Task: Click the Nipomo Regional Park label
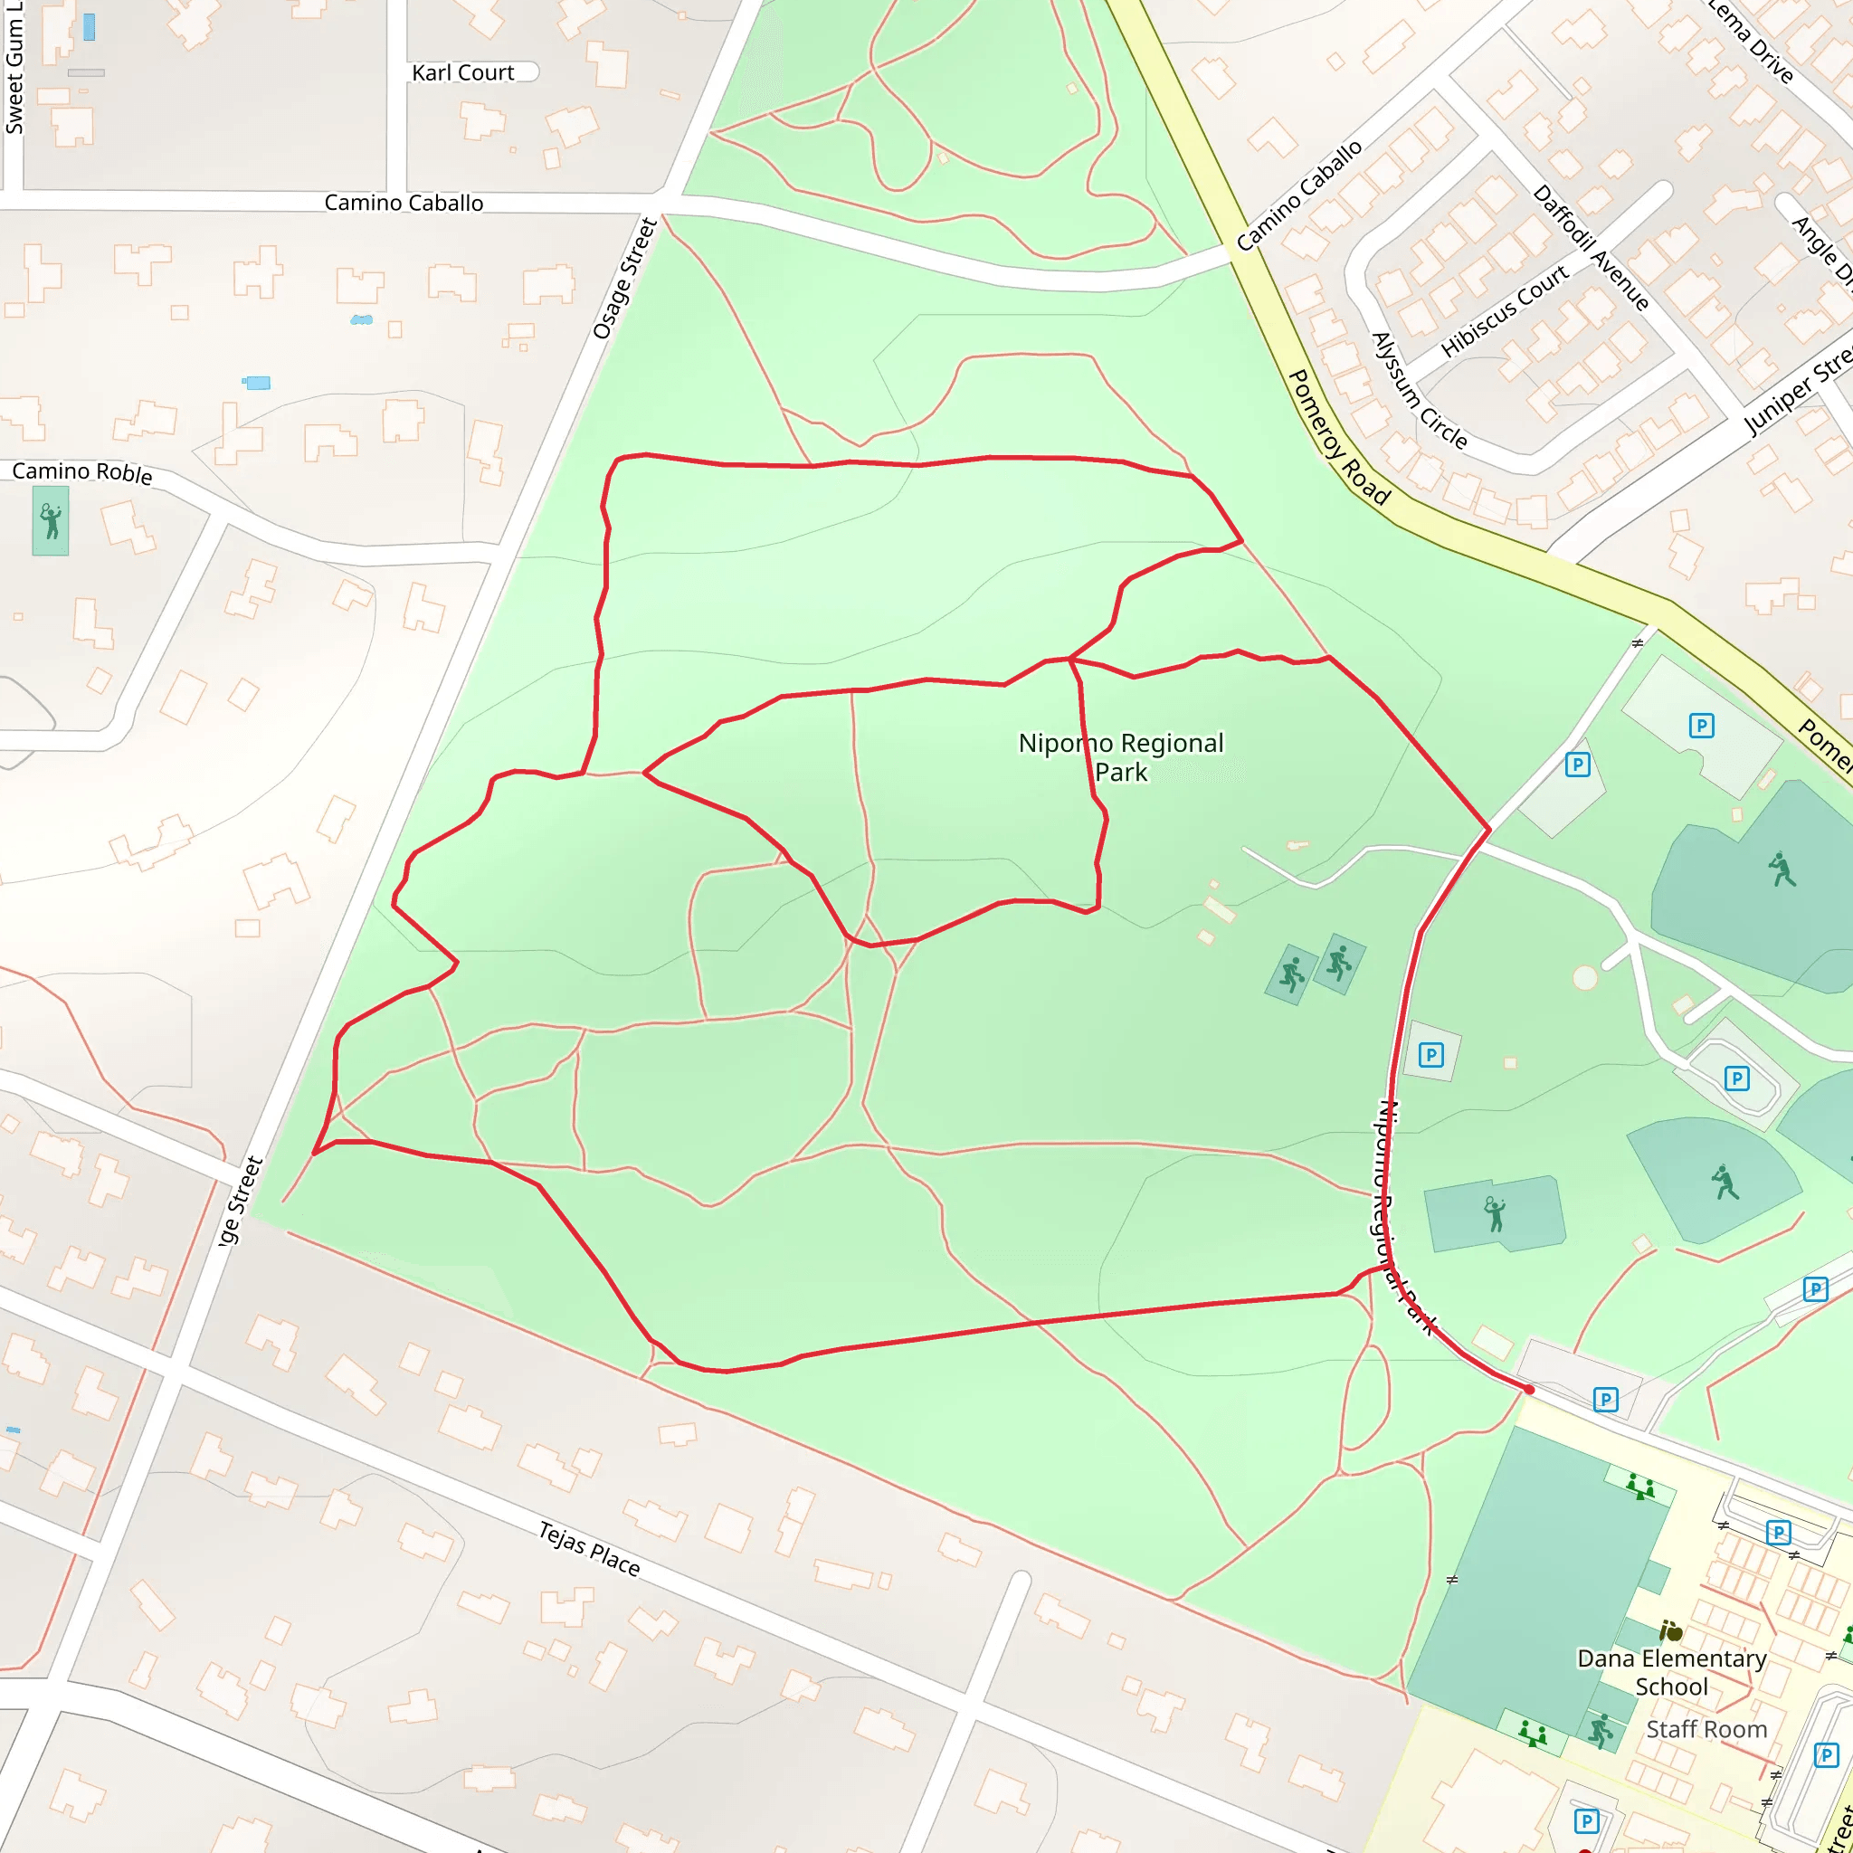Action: click(1120, 756)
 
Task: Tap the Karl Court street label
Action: click(462, 73)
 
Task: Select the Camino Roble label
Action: click(81, 472)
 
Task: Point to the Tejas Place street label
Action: click(588, 1548)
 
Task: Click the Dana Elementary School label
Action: click(1671, 1673)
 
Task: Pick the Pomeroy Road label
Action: click(1338, 437)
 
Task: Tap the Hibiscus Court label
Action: click(1503, 310)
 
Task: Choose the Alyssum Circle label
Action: click(1419, 390)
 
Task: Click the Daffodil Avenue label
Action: click(1591, 247)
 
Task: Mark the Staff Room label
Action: click(1706, 1729)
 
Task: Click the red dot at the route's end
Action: click(1529, 1390)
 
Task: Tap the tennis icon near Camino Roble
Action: click(51, 522)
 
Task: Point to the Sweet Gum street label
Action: click(14, 67)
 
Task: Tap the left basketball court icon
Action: click(1292, 974)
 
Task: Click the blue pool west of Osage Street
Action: click(257, 383)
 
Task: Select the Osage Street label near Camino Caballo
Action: click(624, 278)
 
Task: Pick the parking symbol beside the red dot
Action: click(1606, 1400)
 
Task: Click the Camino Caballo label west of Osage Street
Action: click(403, 204)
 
